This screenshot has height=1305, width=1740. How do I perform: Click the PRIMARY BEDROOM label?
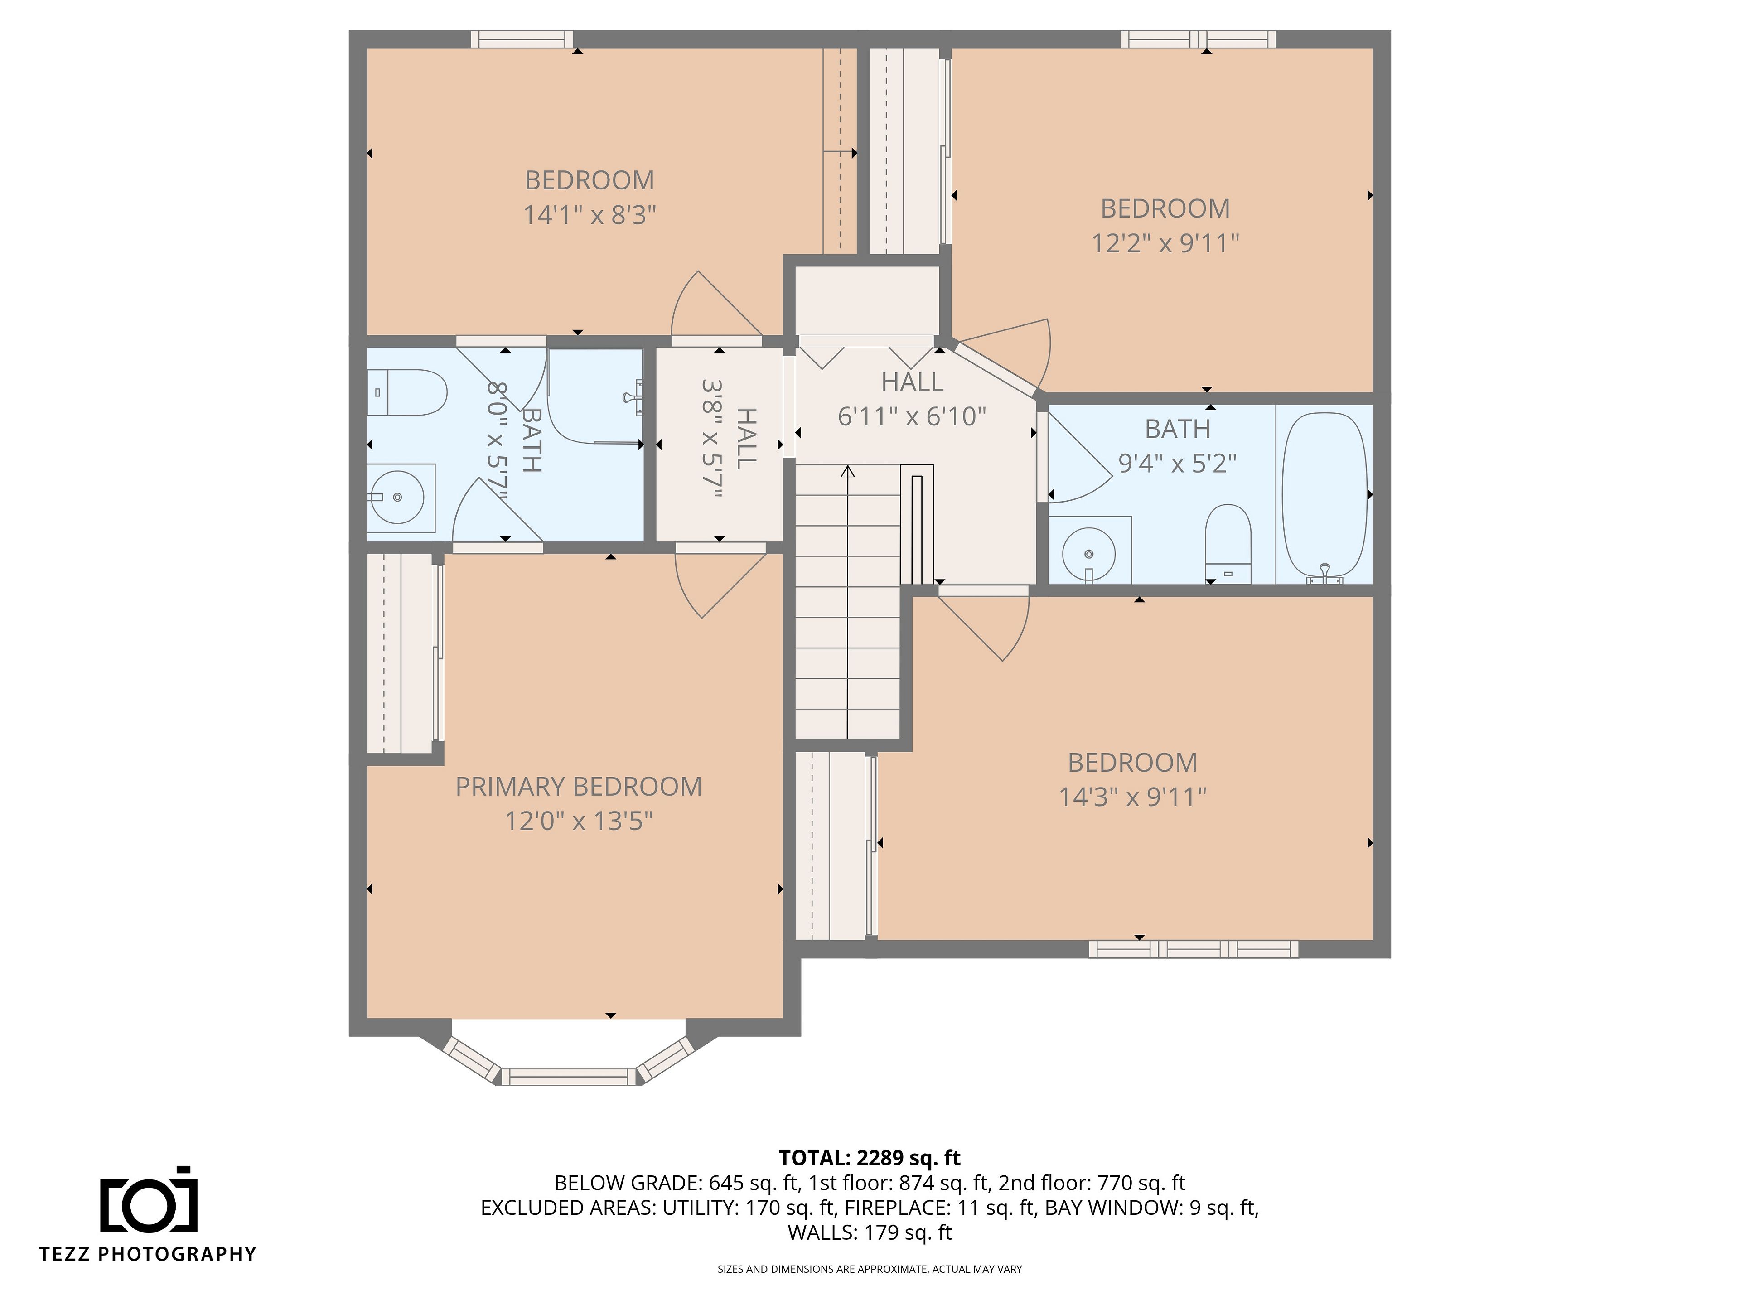(579, 787)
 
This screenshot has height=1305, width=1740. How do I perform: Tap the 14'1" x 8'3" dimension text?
(590, 215)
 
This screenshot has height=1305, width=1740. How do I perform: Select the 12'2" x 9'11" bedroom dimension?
(1165, 243)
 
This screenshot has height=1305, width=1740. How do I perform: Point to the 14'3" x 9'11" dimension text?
(1133, 797)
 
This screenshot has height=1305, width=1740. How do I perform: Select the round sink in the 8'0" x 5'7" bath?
(397, 497)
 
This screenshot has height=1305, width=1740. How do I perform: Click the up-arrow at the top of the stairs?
(847, 472)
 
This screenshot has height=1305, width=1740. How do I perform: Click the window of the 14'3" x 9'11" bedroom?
(1193, 949)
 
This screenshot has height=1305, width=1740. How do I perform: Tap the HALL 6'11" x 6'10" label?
(912, 399)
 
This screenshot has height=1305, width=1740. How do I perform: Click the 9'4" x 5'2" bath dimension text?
(1178, 463)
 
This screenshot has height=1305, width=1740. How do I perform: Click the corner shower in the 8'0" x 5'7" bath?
(594, 397)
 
